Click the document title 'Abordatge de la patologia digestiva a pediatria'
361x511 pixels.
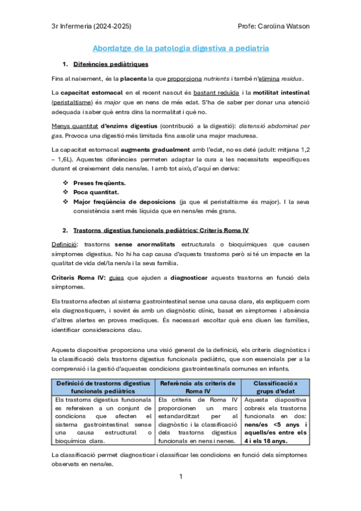[181, 48]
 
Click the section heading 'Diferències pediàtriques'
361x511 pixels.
[110, 64]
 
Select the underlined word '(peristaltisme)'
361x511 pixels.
[73, 102]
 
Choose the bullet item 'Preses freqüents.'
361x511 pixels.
[99, 183]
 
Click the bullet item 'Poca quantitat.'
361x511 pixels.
[96, 192]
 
